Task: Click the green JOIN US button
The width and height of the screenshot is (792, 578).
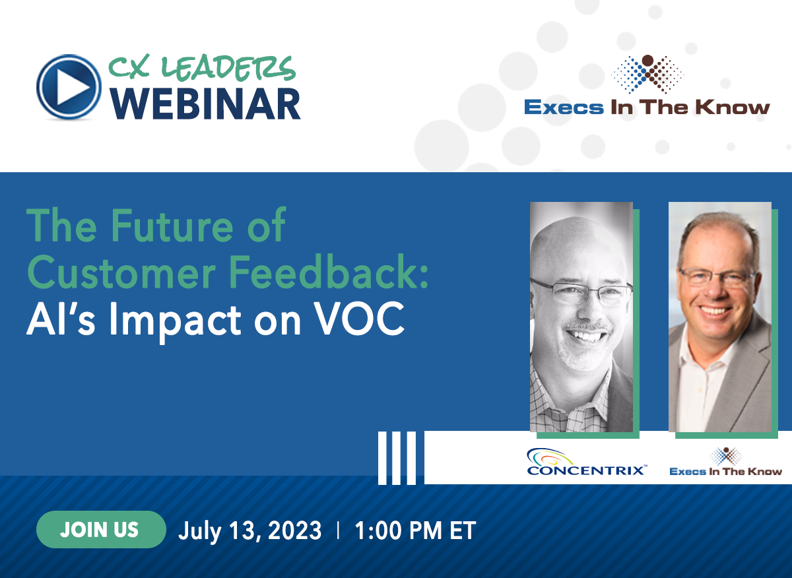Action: click(101, 530)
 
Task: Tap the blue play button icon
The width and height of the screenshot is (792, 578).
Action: click(69, 86)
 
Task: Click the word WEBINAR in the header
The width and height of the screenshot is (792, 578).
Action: click(205, 104)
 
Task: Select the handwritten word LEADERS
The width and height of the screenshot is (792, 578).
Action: click(228, 68)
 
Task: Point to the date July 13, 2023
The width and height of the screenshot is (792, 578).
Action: click(250, 530)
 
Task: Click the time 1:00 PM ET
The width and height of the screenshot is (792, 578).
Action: click(415, 530)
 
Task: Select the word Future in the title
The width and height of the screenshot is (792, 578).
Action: click(172, 226)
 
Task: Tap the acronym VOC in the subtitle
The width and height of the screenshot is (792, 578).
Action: click(358, 318)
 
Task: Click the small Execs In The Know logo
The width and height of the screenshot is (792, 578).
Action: click(725, 462)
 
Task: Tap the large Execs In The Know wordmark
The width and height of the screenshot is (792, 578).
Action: click(647, 107)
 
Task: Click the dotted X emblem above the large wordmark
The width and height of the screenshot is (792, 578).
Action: click(647, 74)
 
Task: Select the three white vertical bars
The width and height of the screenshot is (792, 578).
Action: click(397, 457)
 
